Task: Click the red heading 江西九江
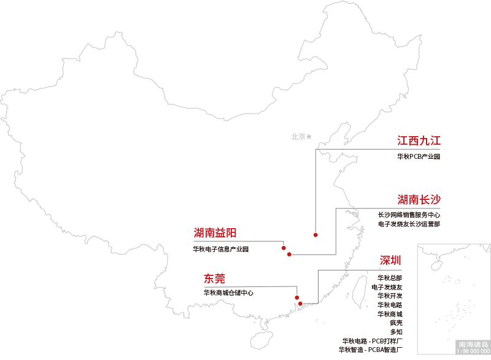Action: click(x=419, y=140)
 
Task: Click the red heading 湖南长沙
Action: click(x=419, y=199)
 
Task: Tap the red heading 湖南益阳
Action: click(x=215, y=232)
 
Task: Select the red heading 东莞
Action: click(x=215, y=279)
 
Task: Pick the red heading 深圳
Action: click(x=390, y=261)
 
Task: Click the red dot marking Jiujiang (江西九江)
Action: click(x=315, y=235)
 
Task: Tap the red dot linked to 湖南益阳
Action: click(x=284, y=248)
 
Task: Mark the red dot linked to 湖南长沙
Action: click(x=289, y=254)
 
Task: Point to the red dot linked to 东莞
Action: click(x=297, y=297)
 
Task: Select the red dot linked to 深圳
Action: click(x=300, y=304)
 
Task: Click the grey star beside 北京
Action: click(x=309, y=136)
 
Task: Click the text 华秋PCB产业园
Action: click(x=418, y=157)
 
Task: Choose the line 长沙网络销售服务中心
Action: click(x=409, y=215)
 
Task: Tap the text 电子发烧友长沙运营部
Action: click(x=409, y=224)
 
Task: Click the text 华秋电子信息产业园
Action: click(x=220, y=249)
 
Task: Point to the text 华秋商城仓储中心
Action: click(x=228, y=293)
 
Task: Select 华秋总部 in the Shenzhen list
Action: click(x=390, y=278)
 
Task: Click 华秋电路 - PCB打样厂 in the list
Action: click(x=373, y=341)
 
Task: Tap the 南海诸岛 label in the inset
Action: click(x=473, y=345)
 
